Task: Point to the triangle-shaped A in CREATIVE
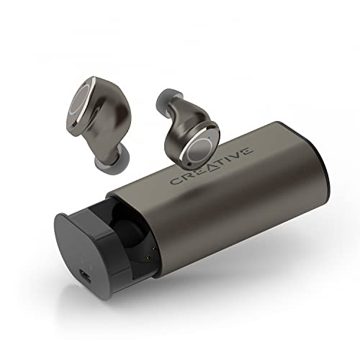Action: pyautogui.click(x=210, y=166)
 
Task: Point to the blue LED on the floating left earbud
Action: pyautogui.click(x=76, y=114)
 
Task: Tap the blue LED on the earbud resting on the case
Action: pyautogui.click(x=210, y=138)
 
